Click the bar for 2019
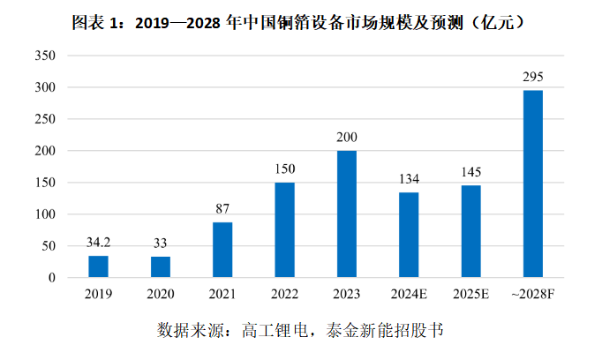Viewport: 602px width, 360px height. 98,266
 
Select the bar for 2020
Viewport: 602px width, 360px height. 160,267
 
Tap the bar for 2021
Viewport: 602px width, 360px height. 222,250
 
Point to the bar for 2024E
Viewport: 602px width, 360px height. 409,235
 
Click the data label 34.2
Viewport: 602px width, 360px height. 98,242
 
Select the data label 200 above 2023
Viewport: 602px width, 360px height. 347,138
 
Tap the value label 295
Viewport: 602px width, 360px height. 533,77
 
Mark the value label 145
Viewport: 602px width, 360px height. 471,172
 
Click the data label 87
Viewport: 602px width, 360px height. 222,209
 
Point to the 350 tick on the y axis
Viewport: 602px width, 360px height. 45,56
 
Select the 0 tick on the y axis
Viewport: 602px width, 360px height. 52,278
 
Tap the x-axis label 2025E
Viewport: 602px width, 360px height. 471,294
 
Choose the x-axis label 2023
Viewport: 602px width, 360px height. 347,294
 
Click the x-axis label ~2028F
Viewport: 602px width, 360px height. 533,294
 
